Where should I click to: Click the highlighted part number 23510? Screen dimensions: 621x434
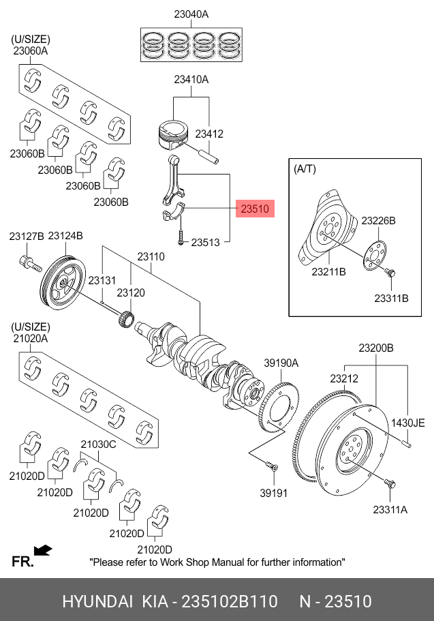tap(255, 208)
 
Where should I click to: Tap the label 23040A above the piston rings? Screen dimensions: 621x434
tap(191, 14)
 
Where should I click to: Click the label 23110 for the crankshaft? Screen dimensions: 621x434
tap(151, 257)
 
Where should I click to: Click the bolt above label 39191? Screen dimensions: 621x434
tap(272, 468)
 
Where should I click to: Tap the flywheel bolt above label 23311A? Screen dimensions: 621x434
tap(390, 485)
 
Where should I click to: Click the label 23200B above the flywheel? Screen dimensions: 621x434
tap(376, 348)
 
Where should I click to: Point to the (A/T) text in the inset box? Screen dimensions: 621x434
tap(305, 168)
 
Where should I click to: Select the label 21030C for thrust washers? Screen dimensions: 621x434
tap(99, 444)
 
